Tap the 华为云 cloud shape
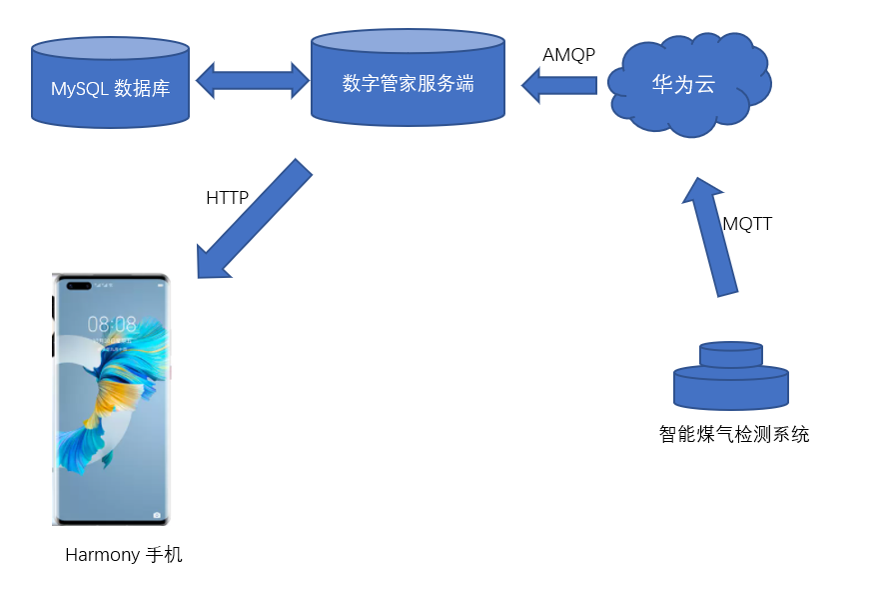[x=684, y=85]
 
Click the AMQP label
[x=568, y=55]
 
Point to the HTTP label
[x=227, y=198]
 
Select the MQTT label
[x=747, y=224]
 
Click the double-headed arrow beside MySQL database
[x=251, y=80]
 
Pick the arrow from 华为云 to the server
[x=558, y=85]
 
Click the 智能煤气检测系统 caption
[x=733, y=435]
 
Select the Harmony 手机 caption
[x=124, y=554]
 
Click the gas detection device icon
[x=731, y=379]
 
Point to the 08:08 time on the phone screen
[x=112, y=324]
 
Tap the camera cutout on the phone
[x=80, y=288]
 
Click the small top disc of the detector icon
[x=731, y=354]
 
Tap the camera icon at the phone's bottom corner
[x=157, y=514]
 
